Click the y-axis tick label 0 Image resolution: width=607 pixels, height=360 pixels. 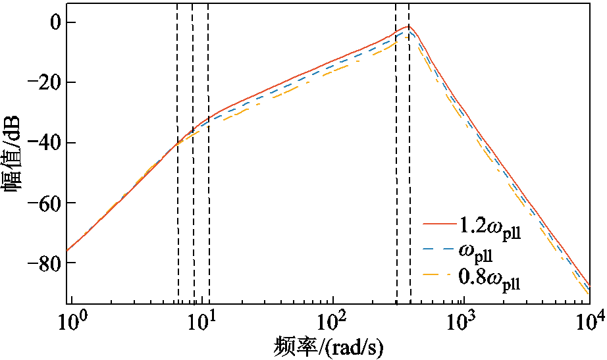50,23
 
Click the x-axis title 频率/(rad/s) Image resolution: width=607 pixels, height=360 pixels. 329,346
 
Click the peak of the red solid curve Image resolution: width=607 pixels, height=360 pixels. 409,26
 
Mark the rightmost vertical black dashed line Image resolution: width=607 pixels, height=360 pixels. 409,165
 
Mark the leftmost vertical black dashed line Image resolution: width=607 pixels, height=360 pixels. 178,165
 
